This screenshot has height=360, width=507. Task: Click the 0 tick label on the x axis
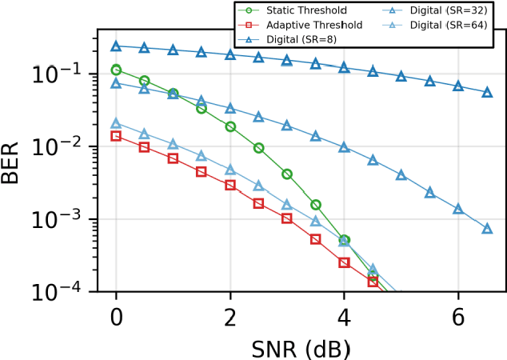point(116,316)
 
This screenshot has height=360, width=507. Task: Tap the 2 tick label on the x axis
point(230,316)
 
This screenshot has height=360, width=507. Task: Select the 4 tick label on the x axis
point(344,316)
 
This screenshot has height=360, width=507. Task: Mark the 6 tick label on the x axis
point(458,316)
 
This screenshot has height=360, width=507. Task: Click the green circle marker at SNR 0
point(116,70)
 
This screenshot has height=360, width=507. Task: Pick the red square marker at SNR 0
point(116,136)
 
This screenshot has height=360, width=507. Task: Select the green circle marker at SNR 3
point(287,174)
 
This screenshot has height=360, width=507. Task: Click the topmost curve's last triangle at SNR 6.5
point(487,92)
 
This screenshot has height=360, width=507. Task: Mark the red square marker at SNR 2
point(230,185)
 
